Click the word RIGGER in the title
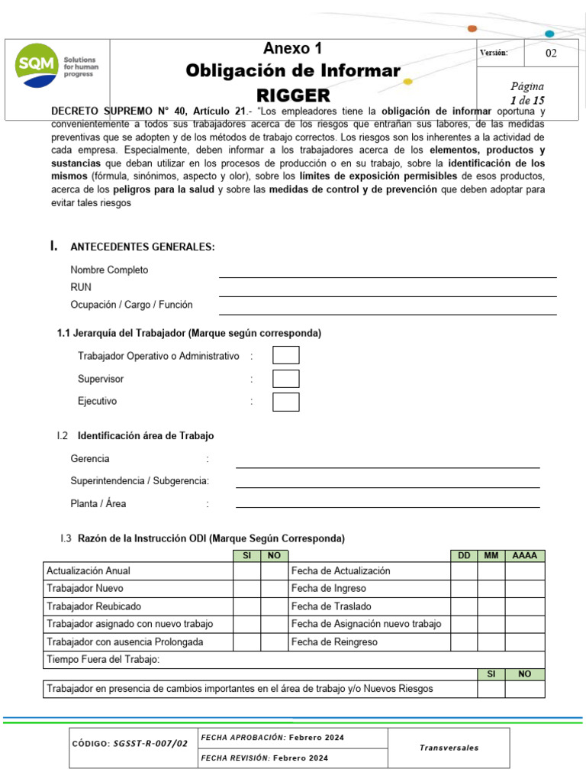pyautogui.click(x=293, y=95)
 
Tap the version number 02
pyautogui.click(x=551, y=53)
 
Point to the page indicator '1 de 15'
pyautogui.click(x=527, y=100)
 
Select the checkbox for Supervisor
pyautogui.click(x=286, y=379)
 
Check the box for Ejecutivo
pyautogui.click(x=286, y=402)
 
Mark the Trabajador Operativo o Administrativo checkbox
pyautogui.click(x=286, y=355)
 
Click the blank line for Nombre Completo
pyautogui.click(x=388, y=271)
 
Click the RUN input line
pyautogui.click(x=388, y=289)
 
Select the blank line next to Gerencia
pyautogui.click(x=388, y=460)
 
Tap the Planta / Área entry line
pyautogui.click(x=388, y=500)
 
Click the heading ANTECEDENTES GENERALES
pyautogui.click(x=143, y=247)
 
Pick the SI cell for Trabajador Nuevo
pyautogui.click(x=246, y=589)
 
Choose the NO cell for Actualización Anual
pyautogui.click(x=274, y=571)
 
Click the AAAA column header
pyautogui.click(x=525, y=556)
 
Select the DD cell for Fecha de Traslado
pyautogui.click(x=464, y=606)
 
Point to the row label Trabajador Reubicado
pyautogui.click(x=94, y=606)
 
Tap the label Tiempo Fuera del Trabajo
pyautogui.click(x=103, y=660)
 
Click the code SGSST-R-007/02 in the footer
pyautogui.click(x=150, y=743)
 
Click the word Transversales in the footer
pyautogui.click(x=449, y=748)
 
